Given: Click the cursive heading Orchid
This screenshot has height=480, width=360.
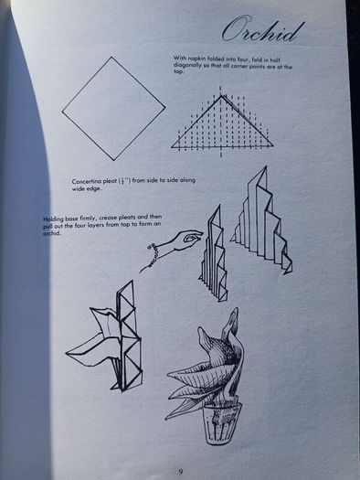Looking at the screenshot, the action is coord(263,30).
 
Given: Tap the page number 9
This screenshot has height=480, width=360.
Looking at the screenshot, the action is coord(181,472).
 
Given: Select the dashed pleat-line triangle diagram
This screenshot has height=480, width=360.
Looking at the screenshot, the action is coord(221,122).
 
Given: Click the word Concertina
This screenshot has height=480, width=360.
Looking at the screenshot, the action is coord(86,181).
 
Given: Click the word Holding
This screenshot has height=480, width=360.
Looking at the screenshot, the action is coord(53,219).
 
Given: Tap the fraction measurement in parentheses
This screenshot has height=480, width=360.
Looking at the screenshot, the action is coord(124,181).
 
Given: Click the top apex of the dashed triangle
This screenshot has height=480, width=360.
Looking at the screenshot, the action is coord(221,96).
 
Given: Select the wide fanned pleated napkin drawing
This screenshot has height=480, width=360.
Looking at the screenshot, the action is coord(262,220).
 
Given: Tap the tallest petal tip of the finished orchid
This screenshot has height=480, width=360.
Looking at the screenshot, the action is coord(235,309).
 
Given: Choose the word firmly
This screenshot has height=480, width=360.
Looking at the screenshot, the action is coord(88,218).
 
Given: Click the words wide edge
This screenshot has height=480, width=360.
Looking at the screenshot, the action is coord(86,188).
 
